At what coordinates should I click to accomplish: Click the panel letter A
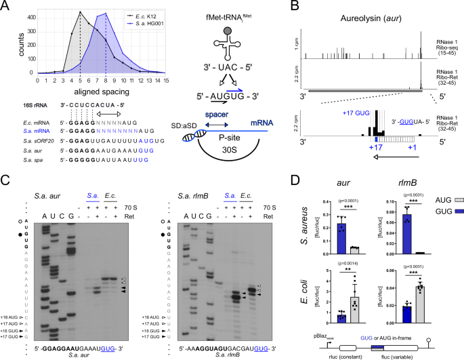pyautogui.click(x=5, y=5)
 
